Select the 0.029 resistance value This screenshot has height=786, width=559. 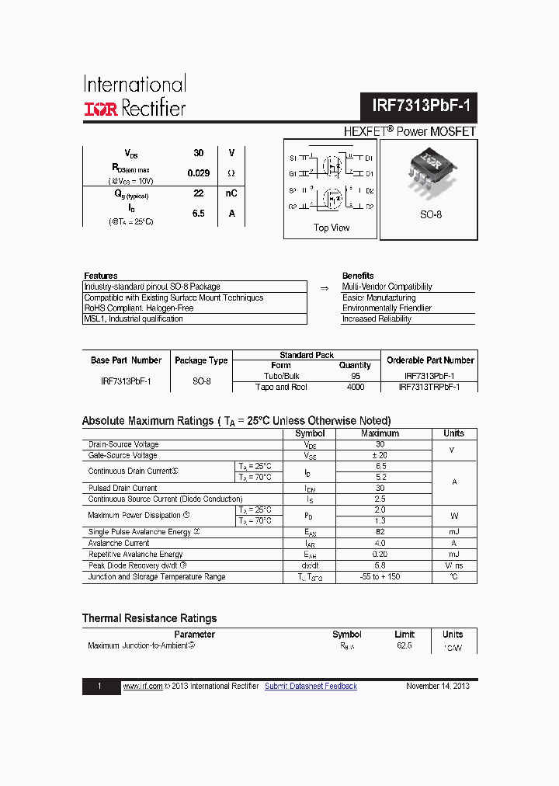(x=199, y=173)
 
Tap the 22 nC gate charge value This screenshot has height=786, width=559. (x=199, y=193)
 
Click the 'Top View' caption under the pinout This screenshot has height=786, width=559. (x=332, y=228)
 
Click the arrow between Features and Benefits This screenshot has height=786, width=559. (x=325, y=287)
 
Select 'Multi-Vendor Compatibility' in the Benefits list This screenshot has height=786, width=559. (x=387, y=287)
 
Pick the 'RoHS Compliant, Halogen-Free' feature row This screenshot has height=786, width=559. (x=139, y=308)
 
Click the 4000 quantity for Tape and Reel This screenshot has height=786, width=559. (x=356, y=387)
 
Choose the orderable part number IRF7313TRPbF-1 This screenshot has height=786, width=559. (x=429, y=387)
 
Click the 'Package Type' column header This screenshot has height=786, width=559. (x=201, y=360)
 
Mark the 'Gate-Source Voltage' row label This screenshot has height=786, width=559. (x=123, y=456)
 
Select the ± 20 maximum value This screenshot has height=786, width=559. (x=380, y=456)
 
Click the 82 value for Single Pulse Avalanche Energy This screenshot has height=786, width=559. (x=380, y=532)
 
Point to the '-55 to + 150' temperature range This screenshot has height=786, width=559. (x=380, y=577)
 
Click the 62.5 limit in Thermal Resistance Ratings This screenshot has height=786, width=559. (x=404, y=645)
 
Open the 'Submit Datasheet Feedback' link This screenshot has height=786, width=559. (x=311, y=687)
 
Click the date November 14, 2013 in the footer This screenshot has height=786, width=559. (x=438, y=687)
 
